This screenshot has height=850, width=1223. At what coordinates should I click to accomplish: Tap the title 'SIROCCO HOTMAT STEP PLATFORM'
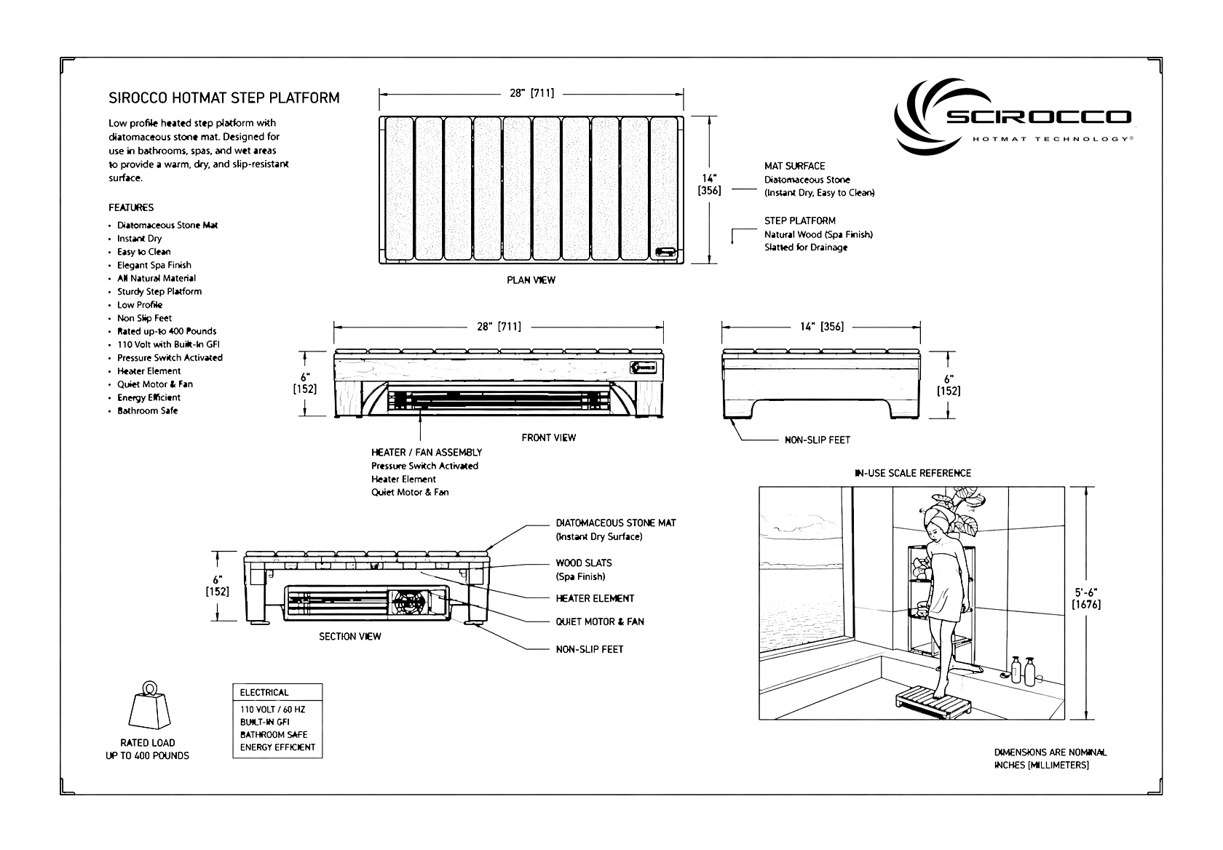click(x=224, y=98)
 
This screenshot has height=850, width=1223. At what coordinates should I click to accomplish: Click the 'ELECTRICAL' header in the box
click(x=264, y=692)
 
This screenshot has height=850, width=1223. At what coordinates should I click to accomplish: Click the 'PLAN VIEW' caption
click(x=531, y=280)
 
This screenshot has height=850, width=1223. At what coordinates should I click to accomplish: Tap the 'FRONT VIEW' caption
click(x=549, y=437)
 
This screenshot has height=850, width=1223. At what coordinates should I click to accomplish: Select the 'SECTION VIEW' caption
click(x=350, y=636)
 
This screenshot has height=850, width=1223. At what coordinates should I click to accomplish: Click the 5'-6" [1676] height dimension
click(x=1086, y=598)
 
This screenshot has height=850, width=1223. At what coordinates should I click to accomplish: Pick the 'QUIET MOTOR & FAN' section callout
click(x=600, y=621)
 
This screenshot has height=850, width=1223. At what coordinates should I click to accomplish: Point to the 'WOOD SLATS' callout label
click(x=584, y=563)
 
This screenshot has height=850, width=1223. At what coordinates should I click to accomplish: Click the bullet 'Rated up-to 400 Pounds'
click(x=167, y=331)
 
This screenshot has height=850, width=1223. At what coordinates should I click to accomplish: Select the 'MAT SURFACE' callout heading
click(x=794, y=166)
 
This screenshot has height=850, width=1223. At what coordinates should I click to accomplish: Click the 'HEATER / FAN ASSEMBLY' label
click(x=427, y=452)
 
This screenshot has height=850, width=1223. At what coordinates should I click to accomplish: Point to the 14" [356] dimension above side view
click(x=822, y=327)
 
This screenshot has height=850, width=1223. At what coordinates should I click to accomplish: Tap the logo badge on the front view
click(x=646, y=368)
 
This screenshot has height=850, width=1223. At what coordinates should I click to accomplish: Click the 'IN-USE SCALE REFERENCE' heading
click(x=913, y=473)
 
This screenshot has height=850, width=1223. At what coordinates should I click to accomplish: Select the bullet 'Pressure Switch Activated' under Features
click(x=170, y=357)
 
